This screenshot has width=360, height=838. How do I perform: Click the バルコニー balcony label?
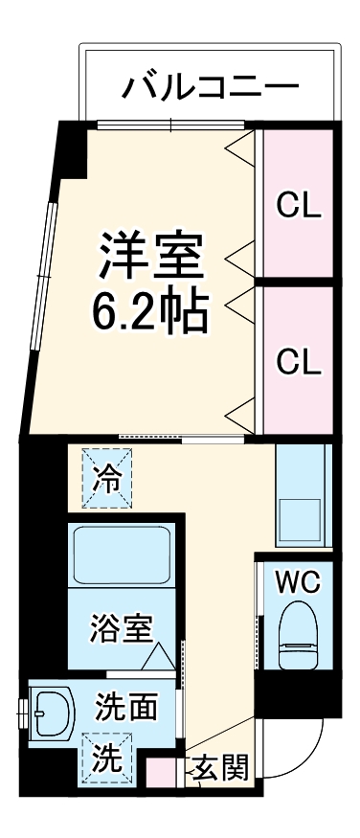click(x=210, y=87)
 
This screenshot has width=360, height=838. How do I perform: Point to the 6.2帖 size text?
click(x=150, y=308)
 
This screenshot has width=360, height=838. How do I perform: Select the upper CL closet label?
click(x=299, y=204)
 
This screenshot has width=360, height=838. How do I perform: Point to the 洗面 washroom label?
click(x=125, y=710)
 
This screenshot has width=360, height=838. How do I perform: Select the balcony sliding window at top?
click(x=170, y=124)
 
